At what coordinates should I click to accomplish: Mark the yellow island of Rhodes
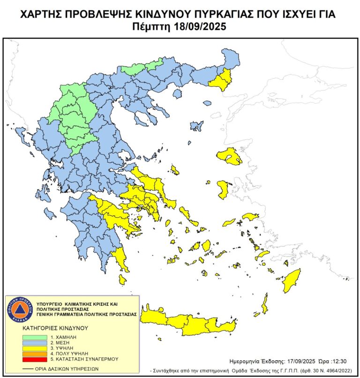(x=291, y=281)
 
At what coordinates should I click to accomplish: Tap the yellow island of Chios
(x=223, y=189)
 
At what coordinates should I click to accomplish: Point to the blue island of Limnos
(x=196, y=126)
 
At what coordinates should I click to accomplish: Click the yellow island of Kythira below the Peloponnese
(x=122, y=280)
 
